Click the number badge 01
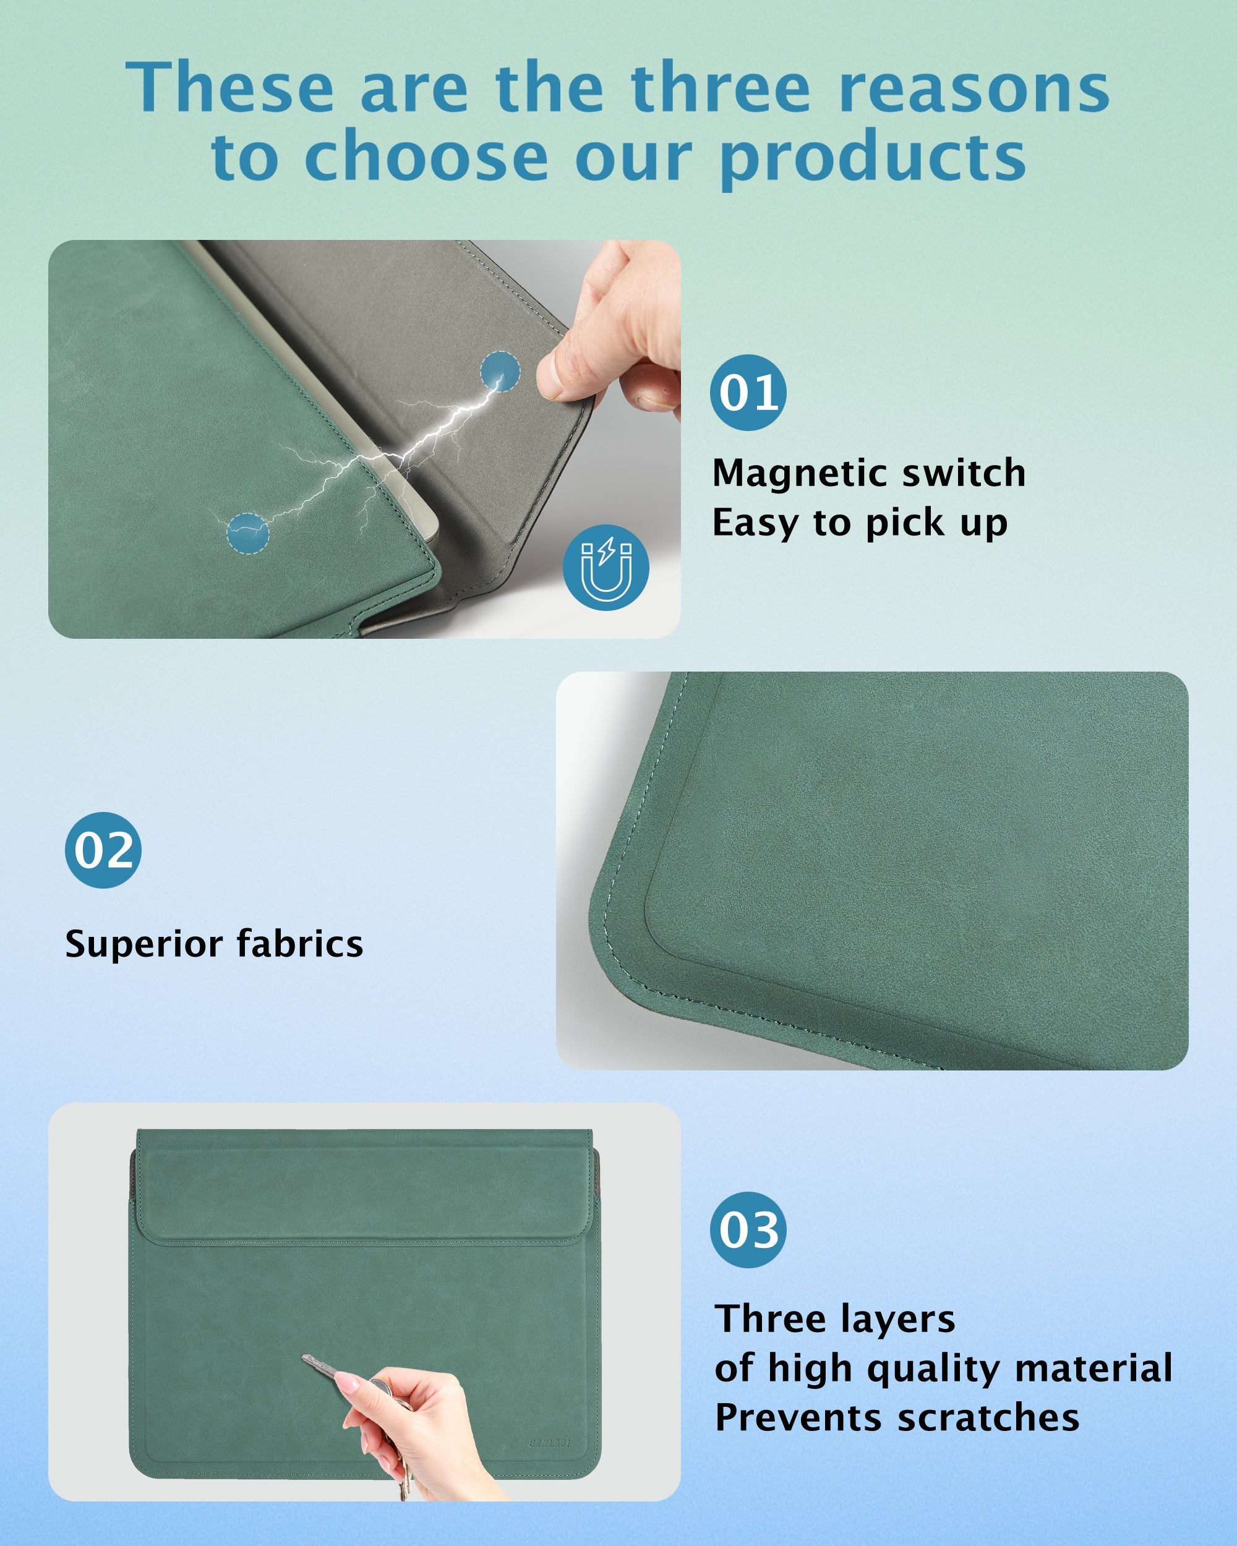(748, 392)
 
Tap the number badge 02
(103, 850)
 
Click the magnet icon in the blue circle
(606, 568)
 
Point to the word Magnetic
(797, 473)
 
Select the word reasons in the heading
(973, 89)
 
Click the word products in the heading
(872, 159)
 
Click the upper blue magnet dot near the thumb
(500, 372)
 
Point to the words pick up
(936, 523)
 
